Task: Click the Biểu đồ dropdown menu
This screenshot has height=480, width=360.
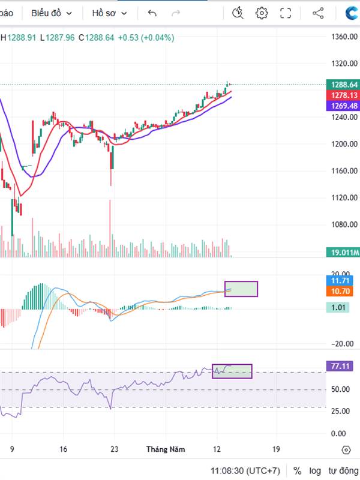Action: point(52,13)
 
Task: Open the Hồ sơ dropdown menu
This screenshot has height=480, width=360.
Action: point(110,13)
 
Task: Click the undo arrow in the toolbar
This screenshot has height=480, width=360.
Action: point(152,13)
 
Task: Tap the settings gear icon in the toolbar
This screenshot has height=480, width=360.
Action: point(262,13)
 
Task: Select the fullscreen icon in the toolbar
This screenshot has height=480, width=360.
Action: point(286,13)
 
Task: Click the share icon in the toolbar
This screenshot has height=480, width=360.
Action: point(318,13)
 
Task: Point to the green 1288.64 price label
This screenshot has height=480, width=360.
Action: point(341,85)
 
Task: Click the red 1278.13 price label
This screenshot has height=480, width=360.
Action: point(341,95)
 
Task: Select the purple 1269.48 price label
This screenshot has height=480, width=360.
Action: point(341,105)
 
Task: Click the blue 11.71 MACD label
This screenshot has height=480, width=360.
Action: point(341,280)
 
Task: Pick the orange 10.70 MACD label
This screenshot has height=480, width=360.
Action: point(341,291)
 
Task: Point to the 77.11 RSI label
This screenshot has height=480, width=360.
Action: point(341,365)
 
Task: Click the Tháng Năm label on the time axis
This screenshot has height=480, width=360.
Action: point(166,449)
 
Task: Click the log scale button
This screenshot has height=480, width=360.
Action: point(315,471)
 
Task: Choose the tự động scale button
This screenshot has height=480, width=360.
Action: point(343,471)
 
